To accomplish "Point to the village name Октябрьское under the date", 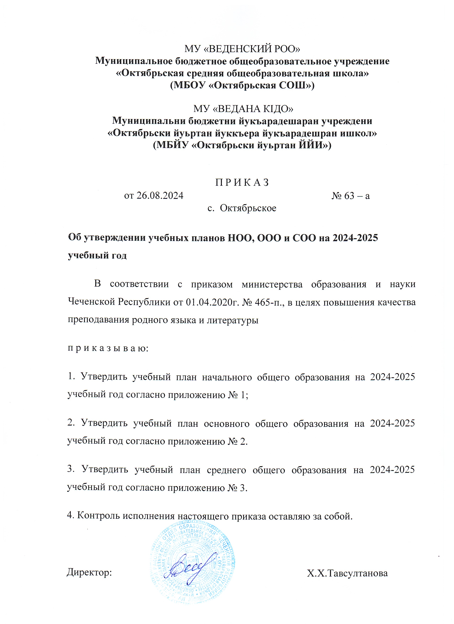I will (x=248, y=208).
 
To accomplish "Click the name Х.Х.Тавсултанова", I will (x=347, y=573).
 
